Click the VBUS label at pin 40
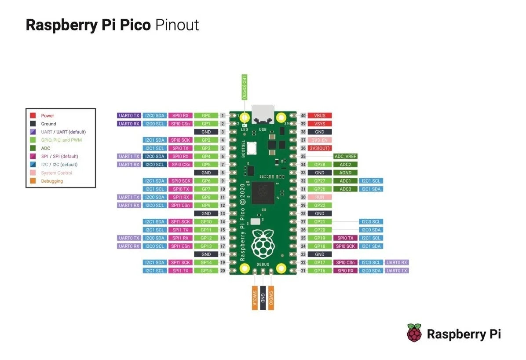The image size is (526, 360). pyautogui.click(x=319, y=115)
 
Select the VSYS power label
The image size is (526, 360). pyautogui.click(x=319, y=124)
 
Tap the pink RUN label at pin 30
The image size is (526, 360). pyautogui.click(x=319, y=197)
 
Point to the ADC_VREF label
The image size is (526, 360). pyautogui.click(x=345, y=156)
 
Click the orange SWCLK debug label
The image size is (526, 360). pyautogui.click(x=254, y=297)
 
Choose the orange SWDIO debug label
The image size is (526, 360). pyautogui.click(x=271, y=297)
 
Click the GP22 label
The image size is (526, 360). pyautogui.click(x=319, y=206)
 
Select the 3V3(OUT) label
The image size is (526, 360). pyautogui.click(x=319, y=148)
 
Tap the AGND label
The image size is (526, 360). pyautogui.click(x=345, y=173)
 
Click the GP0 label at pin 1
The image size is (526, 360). pyautogui.click(x=206, y=115)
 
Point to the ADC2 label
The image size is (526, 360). pyautogui.click(x=345, y=165)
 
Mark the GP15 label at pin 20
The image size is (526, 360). pyautogui.click(x=206, y=271)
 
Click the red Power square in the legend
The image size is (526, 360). pyautogui.click(x=33, y=116)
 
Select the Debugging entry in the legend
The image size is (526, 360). pyautogui.click(x=52, y=181)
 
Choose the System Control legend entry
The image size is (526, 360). pyautogui.click(x=56, y=173)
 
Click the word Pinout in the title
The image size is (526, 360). pyautogui.click(x=177, y=25)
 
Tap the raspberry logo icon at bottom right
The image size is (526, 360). pyautogui.click(x=414, y=333)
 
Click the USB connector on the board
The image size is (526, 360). pyautogui.click(x=263, y=114)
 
